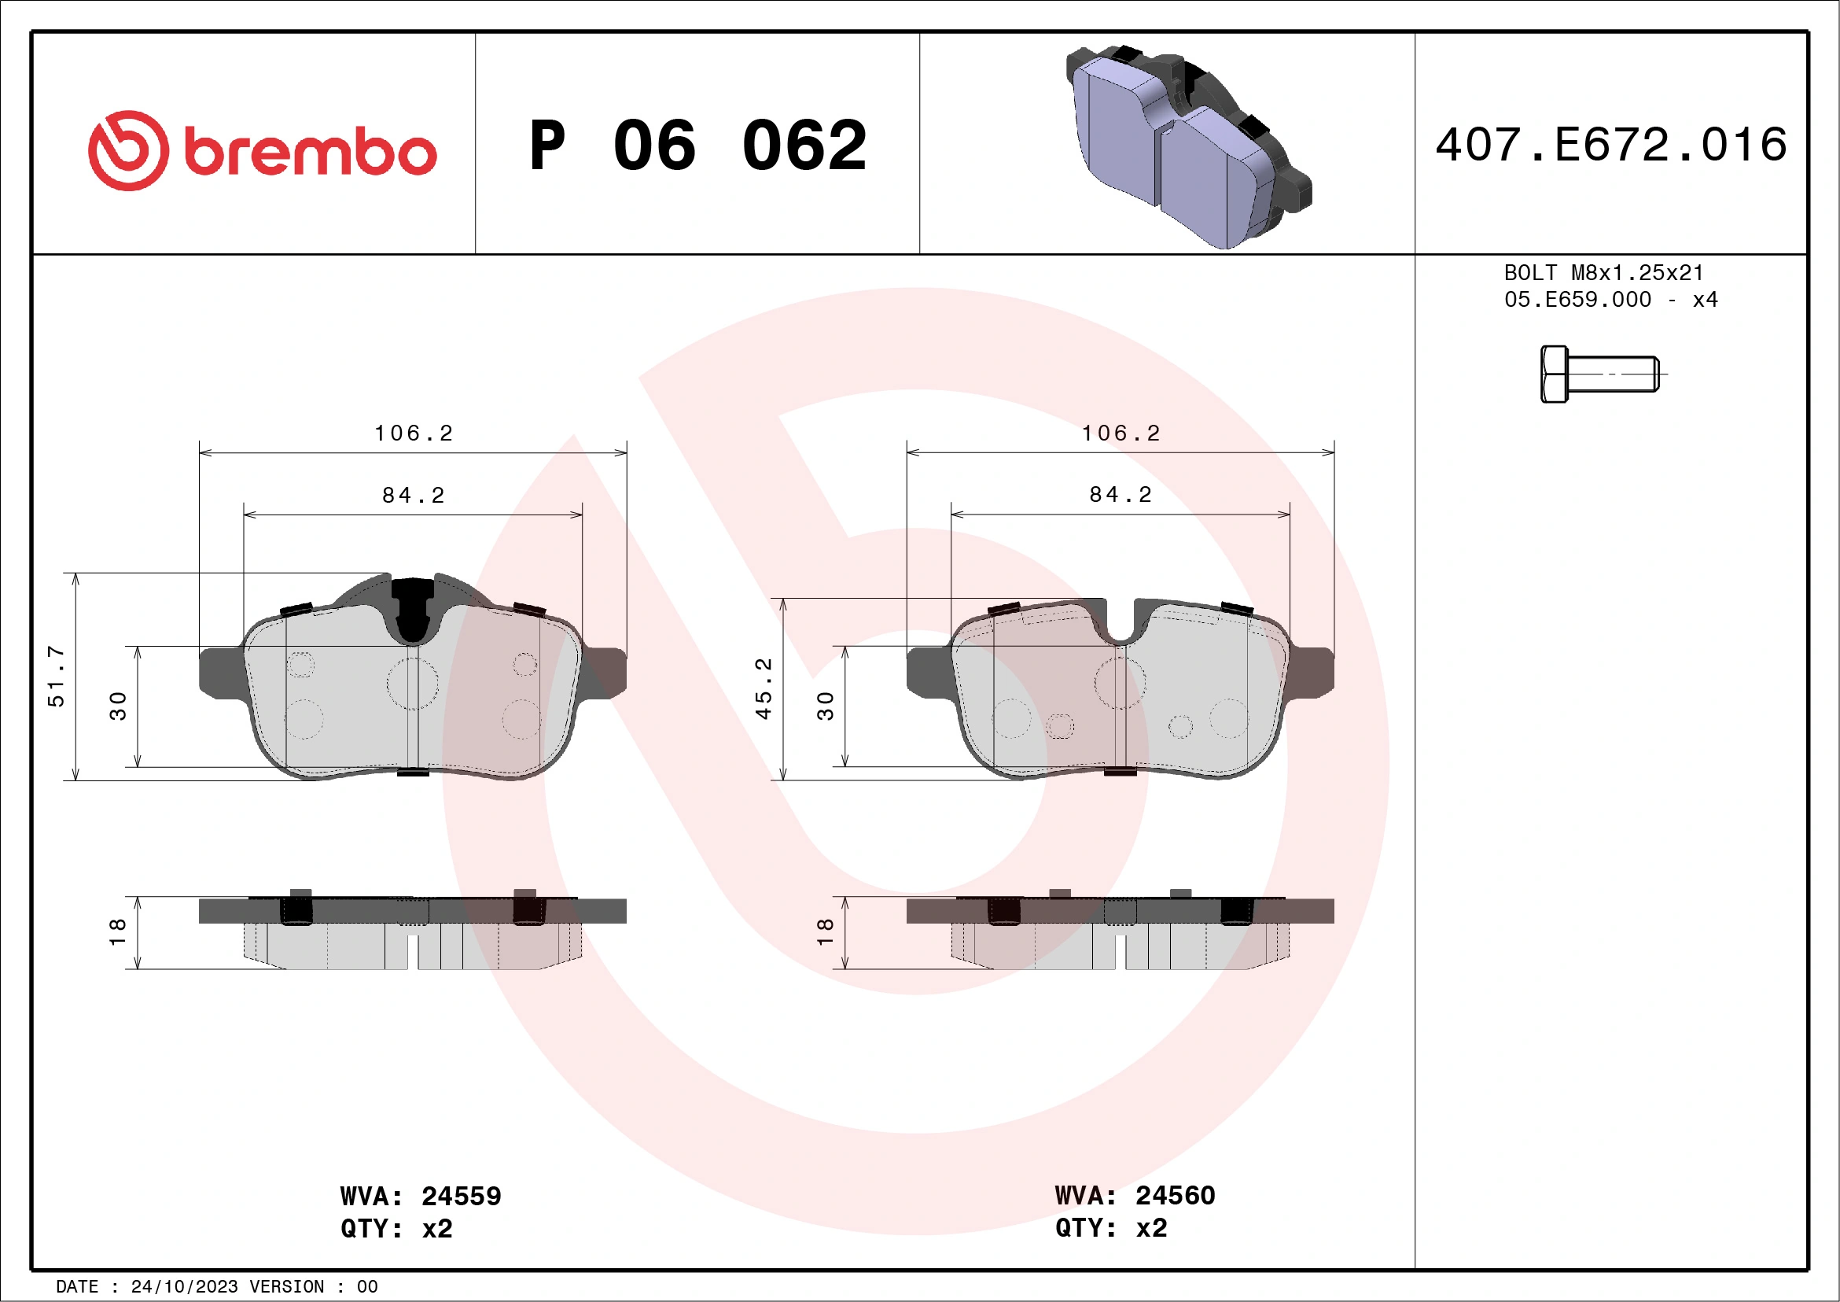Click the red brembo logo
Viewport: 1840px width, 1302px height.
tap(262, 151)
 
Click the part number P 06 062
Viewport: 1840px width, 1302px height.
tap(698, 146)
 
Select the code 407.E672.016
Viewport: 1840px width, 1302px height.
tap(1611, 145)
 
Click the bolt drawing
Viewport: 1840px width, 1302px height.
tap(1599, 374)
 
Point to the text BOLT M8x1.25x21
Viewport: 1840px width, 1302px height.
tap(1603, 272)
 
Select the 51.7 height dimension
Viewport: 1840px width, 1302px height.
tap(56, 676)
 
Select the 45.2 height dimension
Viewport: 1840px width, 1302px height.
tap(764, 688)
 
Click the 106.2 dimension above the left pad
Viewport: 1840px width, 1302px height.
tap(414, 433)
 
